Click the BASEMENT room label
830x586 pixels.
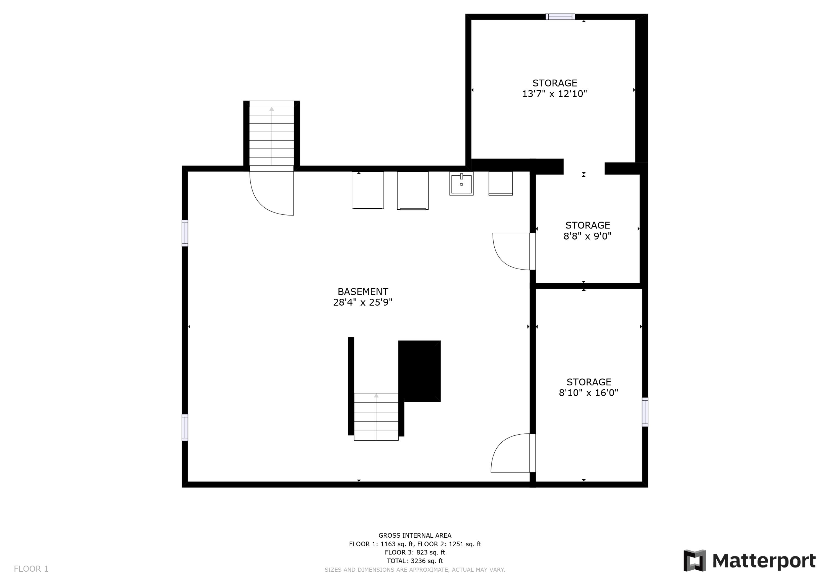(x=363, y=292)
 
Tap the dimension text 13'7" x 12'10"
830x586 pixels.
(x=554, y=94)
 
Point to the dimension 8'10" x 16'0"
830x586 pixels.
(x=588, y=393)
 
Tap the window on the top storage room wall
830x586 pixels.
(x=560, y=17)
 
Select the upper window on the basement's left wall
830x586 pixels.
(x=185, y=233)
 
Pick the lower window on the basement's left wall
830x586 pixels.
(x=185, y=427)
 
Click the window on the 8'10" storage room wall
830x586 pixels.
(x=645, y=412)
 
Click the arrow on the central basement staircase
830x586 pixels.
(x=376, y=396)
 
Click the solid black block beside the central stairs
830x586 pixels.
(x=419, y=370)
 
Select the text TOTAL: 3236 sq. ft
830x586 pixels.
(x=415, y=561)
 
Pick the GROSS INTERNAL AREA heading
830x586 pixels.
(x=415, y=535)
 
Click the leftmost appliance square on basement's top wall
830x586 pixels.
(x=368, y=190)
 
